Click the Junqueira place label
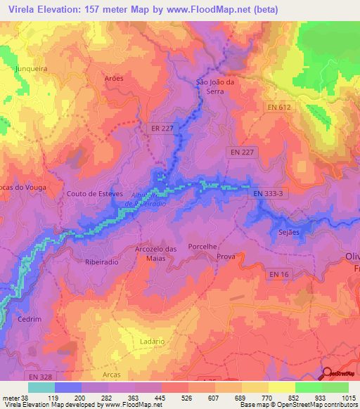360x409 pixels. click(x=30, y=69)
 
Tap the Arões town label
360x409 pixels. click(x=113, y=79)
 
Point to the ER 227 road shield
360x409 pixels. click(x=162, y=129)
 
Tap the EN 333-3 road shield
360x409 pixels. click(x=268, y=192)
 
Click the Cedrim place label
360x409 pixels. click(x=30, y=318)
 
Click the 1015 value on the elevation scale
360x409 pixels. click(x=347, y=396)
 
